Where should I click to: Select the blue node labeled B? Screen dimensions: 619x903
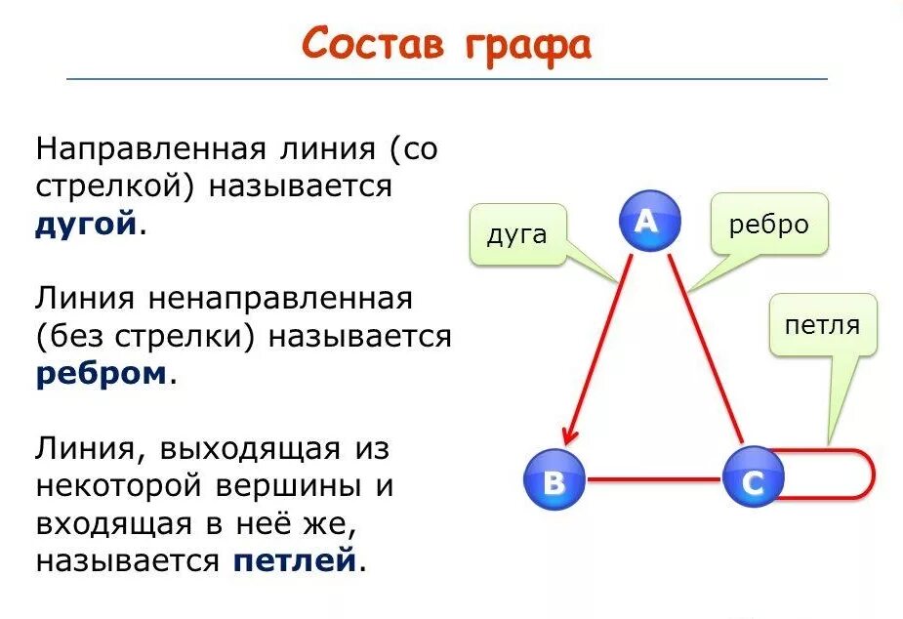click(554, 479)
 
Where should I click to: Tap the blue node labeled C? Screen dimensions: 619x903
click(754, 478)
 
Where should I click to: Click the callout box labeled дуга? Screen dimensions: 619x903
click(516, 234)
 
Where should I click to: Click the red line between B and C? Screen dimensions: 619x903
click(653, 479)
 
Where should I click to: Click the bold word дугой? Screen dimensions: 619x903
click(85, 224)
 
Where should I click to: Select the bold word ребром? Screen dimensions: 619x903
click(101, 374)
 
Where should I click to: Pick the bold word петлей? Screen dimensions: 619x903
click(293, 561)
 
